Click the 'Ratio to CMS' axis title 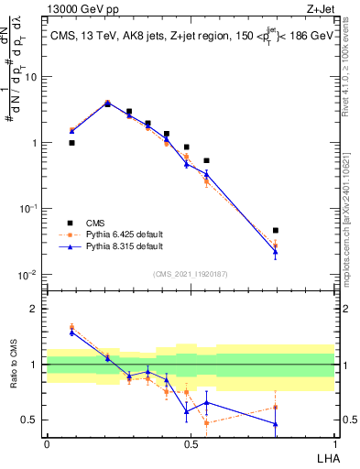coord(14,365)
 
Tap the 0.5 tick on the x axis coord(191,444)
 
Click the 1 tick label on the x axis coord(333,444)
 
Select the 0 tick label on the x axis coord(47,444)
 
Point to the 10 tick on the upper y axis coord(32,77)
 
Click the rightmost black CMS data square coord(276,231)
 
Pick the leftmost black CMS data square coord(71,143)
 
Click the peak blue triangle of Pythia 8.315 coord(107,104)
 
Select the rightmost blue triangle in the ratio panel coord(276,423)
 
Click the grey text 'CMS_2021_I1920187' coord(190,273)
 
